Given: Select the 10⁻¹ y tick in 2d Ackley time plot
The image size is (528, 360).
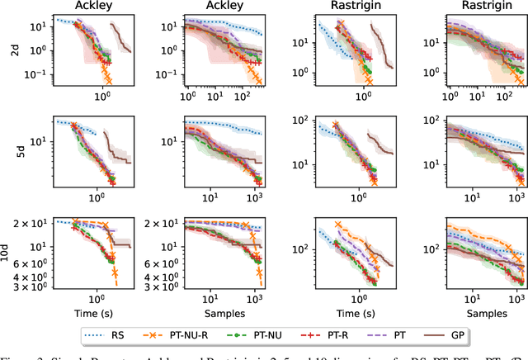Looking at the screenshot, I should [36, 73].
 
